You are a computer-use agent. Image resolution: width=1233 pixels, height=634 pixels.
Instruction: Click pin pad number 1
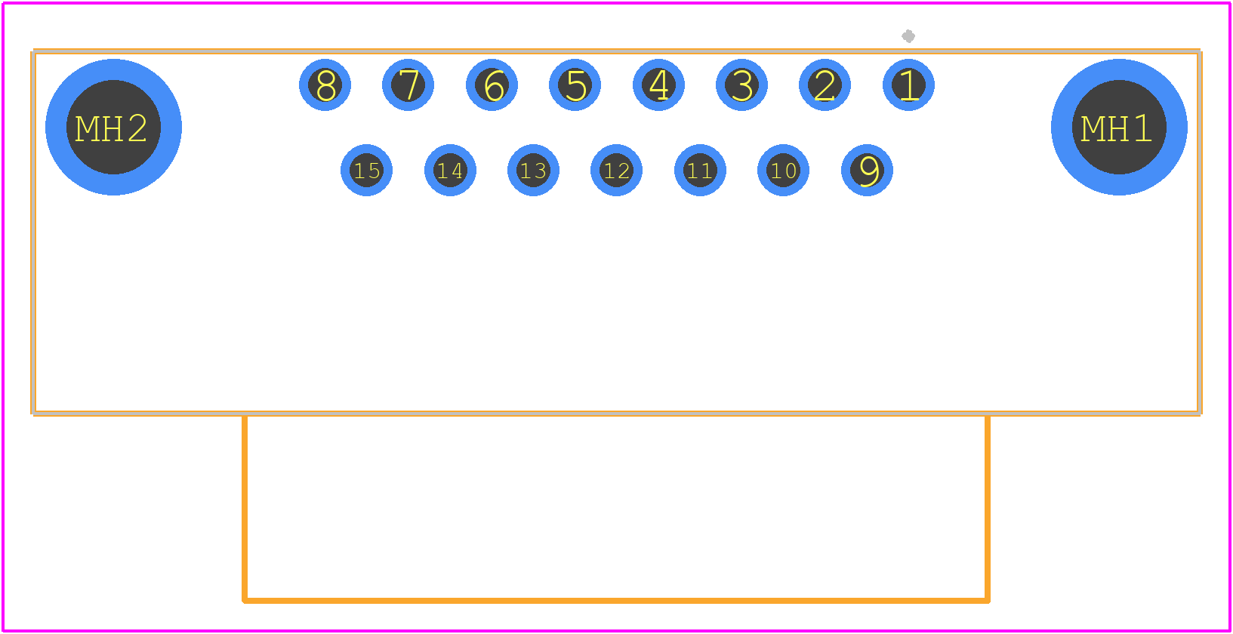908,85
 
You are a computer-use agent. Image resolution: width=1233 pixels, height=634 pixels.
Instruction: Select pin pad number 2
825,85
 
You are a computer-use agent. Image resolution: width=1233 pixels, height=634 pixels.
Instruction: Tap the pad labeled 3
741,85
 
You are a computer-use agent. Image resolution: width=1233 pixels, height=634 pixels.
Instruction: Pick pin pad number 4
658,85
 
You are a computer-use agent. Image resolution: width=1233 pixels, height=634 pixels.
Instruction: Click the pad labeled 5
575,85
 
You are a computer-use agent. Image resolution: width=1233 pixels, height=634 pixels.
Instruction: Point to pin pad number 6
492,85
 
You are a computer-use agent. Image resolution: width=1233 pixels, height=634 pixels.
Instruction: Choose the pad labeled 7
408,85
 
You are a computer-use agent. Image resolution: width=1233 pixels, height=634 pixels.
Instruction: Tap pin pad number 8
325,85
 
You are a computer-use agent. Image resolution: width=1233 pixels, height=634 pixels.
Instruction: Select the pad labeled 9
867,170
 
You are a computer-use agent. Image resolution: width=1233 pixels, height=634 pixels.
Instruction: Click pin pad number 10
783,170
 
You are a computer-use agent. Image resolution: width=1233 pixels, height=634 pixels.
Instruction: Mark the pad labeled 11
700,170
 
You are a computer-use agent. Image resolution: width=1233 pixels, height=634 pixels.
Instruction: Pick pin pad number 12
616,170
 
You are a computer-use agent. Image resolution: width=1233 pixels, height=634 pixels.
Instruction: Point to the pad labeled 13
533,170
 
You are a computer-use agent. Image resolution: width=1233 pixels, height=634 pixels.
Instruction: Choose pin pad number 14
450,170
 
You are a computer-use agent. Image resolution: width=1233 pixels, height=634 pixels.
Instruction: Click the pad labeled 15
367,170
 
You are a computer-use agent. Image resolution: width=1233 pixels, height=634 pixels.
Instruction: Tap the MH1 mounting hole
1119,127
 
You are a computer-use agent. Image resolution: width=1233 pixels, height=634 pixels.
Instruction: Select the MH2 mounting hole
113,127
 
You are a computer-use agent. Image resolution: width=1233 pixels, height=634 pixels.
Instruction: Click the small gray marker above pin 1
908,36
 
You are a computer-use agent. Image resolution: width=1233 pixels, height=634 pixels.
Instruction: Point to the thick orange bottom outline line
616,601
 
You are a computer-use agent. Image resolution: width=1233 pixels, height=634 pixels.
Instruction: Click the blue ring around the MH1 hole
1119,69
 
